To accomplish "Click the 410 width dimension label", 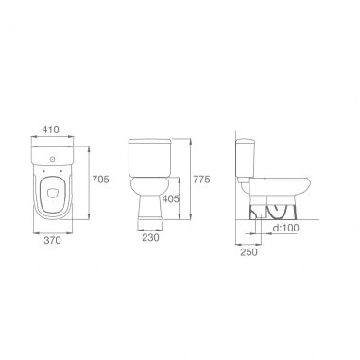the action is pyautogui.click(x=51, y=129).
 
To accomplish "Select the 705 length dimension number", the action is pyautogui.click(x=100, y=180).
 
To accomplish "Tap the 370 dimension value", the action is pyautogui.click(x=52, y=240).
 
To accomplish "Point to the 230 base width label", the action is pyautogui.click(x=150, y=238).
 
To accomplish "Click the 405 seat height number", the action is pyautogui.click(x=170, y=198).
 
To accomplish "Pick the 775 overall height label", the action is pyautogui.click(x=201, y=180).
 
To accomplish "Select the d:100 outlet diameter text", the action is pyautogui.click(x=285, y=228).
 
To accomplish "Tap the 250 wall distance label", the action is pyautogui.click(x=249, y=252).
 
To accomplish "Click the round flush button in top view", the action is pyautogui.click(x=53, y=159).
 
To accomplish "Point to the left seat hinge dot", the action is pyautogui.click(x=43, y=171).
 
